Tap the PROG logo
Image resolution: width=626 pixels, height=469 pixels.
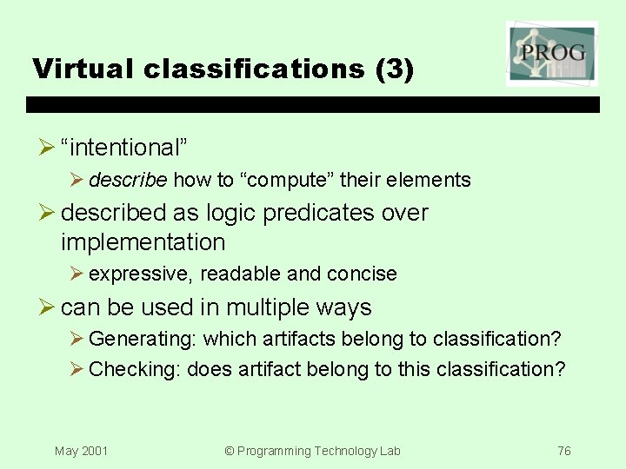tap(551, 54)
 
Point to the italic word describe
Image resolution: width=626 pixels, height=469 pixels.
tap(127, 180)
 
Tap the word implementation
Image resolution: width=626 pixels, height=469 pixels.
tap(143, 242)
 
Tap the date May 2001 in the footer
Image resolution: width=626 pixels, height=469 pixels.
tap(81, 451)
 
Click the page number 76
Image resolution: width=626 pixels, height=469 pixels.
tap(564, 451)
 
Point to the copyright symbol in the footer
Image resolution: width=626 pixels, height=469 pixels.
tap(230, 451)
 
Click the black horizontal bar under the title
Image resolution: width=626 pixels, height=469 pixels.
tap(313, 104)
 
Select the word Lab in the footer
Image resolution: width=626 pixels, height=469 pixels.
tap(390, 451)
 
